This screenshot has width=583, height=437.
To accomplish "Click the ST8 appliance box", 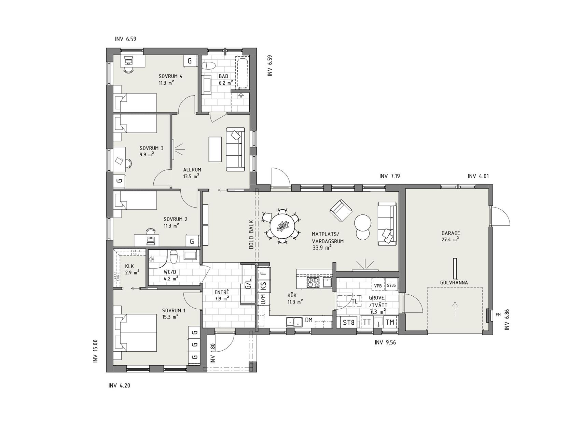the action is [348, 322].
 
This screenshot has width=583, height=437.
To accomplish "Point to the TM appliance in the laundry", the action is [390, 322].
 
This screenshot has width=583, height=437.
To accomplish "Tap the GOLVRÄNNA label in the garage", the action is [454, 283].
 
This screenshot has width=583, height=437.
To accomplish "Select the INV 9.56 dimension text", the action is [385, 342].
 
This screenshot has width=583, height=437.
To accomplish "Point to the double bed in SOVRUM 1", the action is [135, 334].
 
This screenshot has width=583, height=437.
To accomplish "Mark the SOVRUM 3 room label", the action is [151, 148].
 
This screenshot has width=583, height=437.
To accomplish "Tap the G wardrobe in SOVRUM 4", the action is [190, 61].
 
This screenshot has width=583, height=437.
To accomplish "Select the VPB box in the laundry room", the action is [378, 286].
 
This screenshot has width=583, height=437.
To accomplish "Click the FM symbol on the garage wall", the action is [498, 315].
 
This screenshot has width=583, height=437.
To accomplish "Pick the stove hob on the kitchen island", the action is [313, 282].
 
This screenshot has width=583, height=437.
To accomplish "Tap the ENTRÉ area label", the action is [222, 292].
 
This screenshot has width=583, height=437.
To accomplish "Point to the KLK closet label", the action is [129, 266].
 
